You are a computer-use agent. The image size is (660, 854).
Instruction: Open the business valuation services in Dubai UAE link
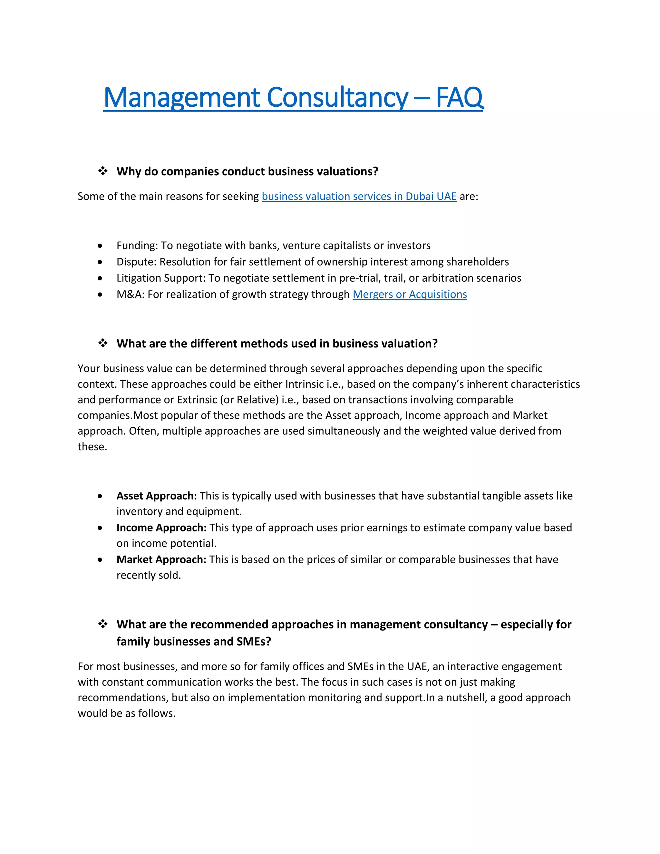pos(359,196)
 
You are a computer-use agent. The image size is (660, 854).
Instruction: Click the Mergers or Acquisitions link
pos(410,295)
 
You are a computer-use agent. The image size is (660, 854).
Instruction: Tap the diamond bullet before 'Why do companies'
pos(103,171)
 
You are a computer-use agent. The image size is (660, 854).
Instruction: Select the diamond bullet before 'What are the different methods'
pos(103,343)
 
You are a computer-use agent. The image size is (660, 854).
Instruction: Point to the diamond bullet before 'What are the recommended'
pos(103,624)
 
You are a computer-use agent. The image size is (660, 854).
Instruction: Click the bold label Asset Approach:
pos(156,496)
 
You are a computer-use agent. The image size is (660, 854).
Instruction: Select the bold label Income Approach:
pos(161,528)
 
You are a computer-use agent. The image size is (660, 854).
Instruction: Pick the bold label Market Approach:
pos(161,559)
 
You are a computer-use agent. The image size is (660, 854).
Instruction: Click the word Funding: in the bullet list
pos(137,246)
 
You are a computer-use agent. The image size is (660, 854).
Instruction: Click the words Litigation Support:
pos(161,278)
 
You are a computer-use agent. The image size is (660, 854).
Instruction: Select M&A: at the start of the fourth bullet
pos(130,295)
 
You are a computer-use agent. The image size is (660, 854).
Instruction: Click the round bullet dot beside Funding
pos(100,246)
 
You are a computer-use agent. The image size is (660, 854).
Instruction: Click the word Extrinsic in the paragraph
pos(197,400)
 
